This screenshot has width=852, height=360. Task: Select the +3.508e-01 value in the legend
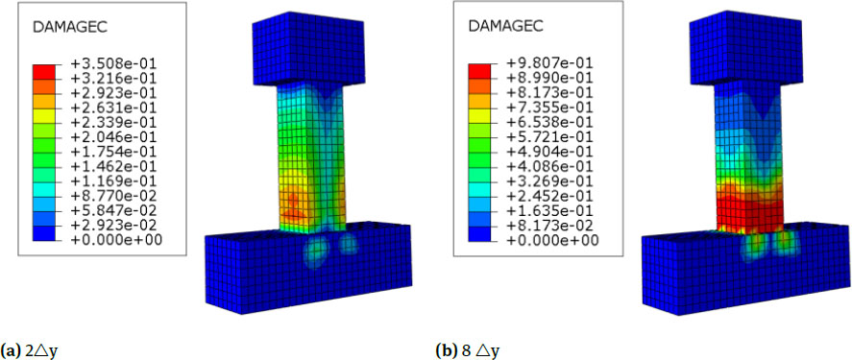pyautogui.click(x=111, y=63)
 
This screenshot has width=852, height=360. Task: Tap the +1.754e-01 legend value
pyautogui.click(x=111, y=151)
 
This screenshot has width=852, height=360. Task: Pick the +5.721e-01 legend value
pyautogui.click(x=549, y=135)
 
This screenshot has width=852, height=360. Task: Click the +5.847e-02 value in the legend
pyautogui.click(x=111, y=209)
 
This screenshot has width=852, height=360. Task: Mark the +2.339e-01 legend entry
pyautogui.click(x=111, y=122)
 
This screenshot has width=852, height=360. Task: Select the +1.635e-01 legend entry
pyautogui.click(x=549, y=210)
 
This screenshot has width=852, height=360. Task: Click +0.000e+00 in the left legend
pyautogui.click(x=111, y=239)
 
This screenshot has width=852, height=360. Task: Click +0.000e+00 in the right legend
pyautogui.click(x=549, y=240)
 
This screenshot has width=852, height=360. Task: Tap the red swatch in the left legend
pyautogui.click(x=44, y=71)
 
